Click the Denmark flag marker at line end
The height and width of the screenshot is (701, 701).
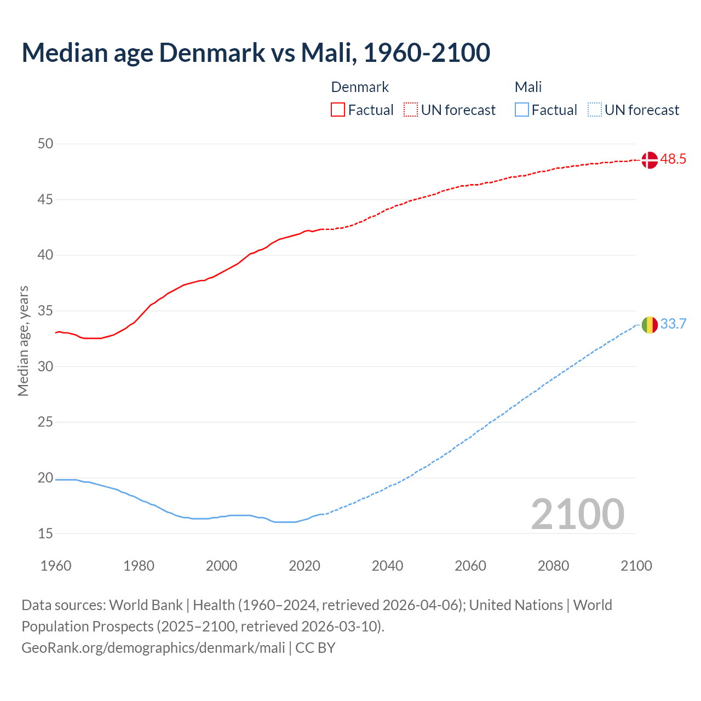[650, 160]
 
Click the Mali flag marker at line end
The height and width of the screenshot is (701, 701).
[650, 325]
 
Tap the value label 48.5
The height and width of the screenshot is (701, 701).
[673, 159]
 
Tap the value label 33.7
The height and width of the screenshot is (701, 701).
[673, 324]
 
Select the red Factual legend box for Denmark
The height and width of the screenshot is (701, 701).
[338, 110]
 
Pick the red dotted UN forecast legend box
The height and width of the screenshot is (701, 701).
[411, 110]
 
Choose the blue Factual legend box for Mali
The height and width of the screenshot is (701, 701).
[522, 110]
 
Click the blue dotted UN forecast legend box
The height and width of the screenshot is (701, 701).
[595, 110]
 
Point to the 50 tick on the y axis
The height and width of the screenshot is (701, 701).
[45, 144]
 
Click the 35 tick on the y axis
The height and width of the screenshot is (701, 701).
[45, 311]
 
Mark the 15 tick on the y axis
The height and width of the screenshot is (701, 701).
[45, 533]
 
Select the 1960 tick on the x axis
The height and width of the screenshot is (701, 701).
[56, 566]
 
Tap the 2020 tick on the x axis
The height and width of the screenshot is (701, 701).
[304, 566]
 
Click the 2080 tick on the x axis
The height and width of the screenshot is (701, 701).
[553, 566]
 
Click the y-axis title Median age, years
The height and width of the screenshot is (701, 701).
[23, 341]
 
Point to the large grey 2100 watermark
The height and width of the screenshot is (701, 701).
[578, 514]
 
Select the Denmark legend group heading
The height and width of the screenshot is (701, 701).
[360, 87]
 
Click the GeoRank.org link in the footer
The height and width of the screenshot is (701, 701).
[153, 648]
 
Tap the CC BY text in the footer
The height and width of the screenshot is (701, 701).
[315, 648]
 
